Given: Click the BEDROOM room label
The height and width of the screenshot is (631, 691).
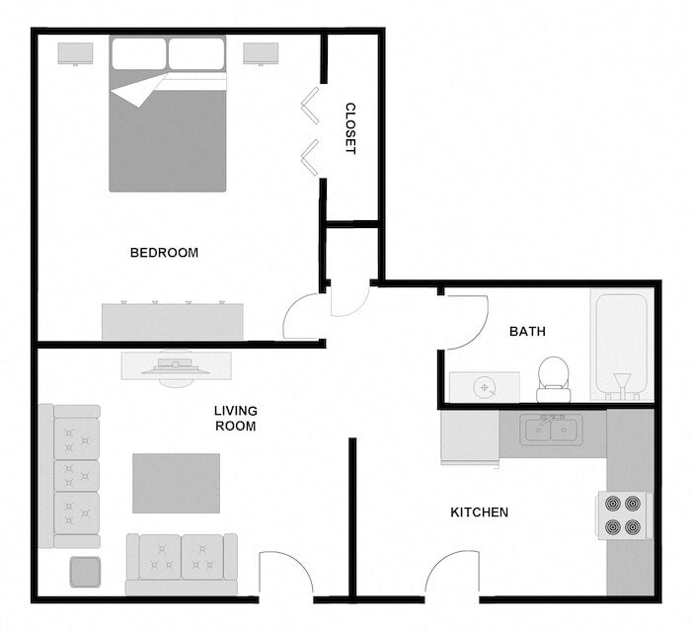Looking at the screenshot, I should [164, 253].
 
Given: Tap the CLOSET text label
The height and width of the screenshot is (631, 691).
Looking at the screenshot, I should [349, 128].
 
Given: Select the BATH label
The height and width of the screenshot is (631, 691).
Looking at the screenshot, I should [527, 332].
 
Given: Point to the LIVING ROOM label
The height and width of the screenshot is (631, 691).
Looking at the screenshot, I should [235, 419].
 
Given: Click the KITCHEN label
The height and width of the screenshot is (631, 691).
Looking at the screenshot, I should [479, 513].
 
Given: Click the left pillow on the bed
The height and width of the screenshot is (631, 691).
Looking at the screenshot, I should [138, 53].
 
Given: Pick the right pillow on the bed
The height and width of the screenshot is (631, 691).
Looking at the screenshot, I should [196, 53].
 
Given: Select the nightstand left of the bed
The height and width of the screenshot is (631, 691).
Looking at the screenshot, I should [75, 53].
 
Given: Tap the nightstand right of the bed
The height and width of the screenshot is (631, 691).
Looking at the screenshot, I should [262, 53].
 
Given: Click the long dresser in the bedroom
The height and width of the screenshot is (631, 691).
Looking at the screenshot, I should [172, 321].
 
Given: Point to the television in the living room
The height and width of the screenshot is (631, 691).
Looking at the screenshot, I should [176, 364].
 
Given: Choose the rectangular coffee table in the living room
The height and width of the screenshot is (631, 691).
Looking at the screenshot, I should [176, 483].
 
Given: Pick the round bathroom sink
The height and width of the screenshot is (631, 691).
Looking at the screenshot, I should [485, 387].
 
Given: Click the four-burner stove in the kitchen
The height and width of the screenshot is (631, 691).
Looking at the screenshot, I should [623, 514].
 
